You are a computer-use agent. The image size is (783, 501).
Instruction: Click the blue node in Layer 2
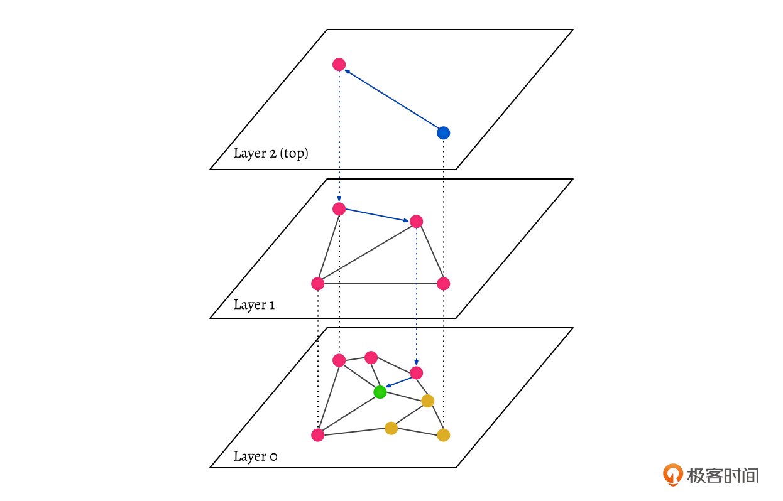tap(443, 133)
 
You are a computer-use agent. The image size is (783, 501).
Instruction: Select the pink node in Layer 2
tap(339, 64)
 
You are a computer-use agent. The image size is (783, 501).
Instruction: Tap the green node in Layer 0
tap(380, 392)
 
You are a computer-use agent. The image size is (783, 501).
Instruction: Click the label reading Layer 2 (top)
tap(271, 153)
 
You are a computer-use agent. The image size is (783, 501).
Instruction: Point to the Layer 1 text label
tap(254, 305)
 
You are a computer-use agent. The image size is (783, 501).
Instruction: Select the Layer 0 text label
tap(255, 456)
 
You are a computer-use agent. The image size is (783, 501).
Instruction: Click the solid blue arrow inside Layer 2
tap(391, 99)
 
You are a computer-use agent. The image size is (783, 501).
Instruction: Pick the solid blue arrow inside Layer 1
tap(377, 215)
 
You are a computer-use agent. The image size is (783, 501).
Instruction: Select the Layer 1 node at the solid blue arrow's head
tap(416, 221)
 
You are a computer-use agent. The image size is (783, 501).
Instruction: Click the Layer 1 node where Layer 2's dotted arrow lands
tap(339, 208)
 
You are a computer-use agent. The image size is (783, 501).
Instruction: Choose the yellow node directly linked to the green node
tap(428, 401)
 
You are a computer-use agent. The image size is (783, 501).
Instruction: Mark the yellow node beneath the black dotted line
tap(443, 434)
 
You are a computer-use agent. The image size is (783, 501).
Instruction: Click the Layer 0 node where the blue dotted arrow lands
tap(416, 373)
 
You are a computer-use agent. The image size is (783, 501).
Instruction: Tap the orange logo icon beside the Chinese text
tap(673, 475)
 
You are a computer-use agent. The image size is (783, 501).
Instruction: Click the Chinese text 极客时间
tap(723, 475)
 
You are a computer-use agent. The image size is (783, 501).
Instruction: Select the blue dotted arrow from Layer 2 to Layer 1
tap(339, 135)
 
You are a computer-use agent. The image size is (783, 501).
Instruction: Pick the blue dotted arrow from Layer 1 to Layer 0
tap(416, 295)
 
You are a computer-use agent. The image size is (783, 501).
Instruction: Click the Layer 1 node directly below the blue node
tap(443, 284)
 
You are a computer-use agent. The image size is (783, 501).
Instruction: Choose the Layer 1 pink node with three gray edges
tap(318, 284)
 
